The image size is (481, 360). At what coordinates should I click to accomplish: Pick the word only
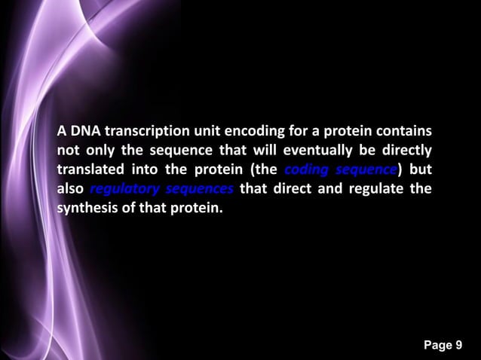[100, 149]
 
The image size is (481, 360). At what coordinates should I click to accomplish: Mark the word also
[70, 188]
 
